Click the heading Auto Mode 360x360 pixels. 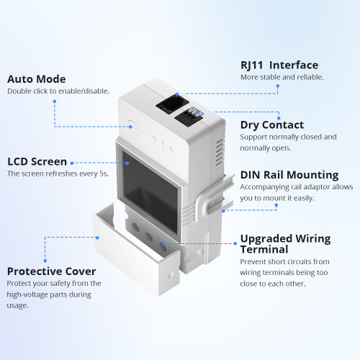(37, 78)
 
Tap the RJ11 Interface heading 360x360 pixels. (279, 64)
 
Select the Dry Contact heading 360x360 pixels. (272, 125)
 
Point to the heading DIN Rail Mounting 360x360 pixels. (289, 174)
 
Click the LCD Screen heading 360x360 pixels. (37, 161)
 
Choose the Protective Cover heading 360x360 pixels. (51, 271)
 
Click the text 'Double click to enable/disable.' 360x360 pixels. (58, 91)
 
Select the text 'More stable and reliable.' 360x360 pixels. (282, 77)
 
